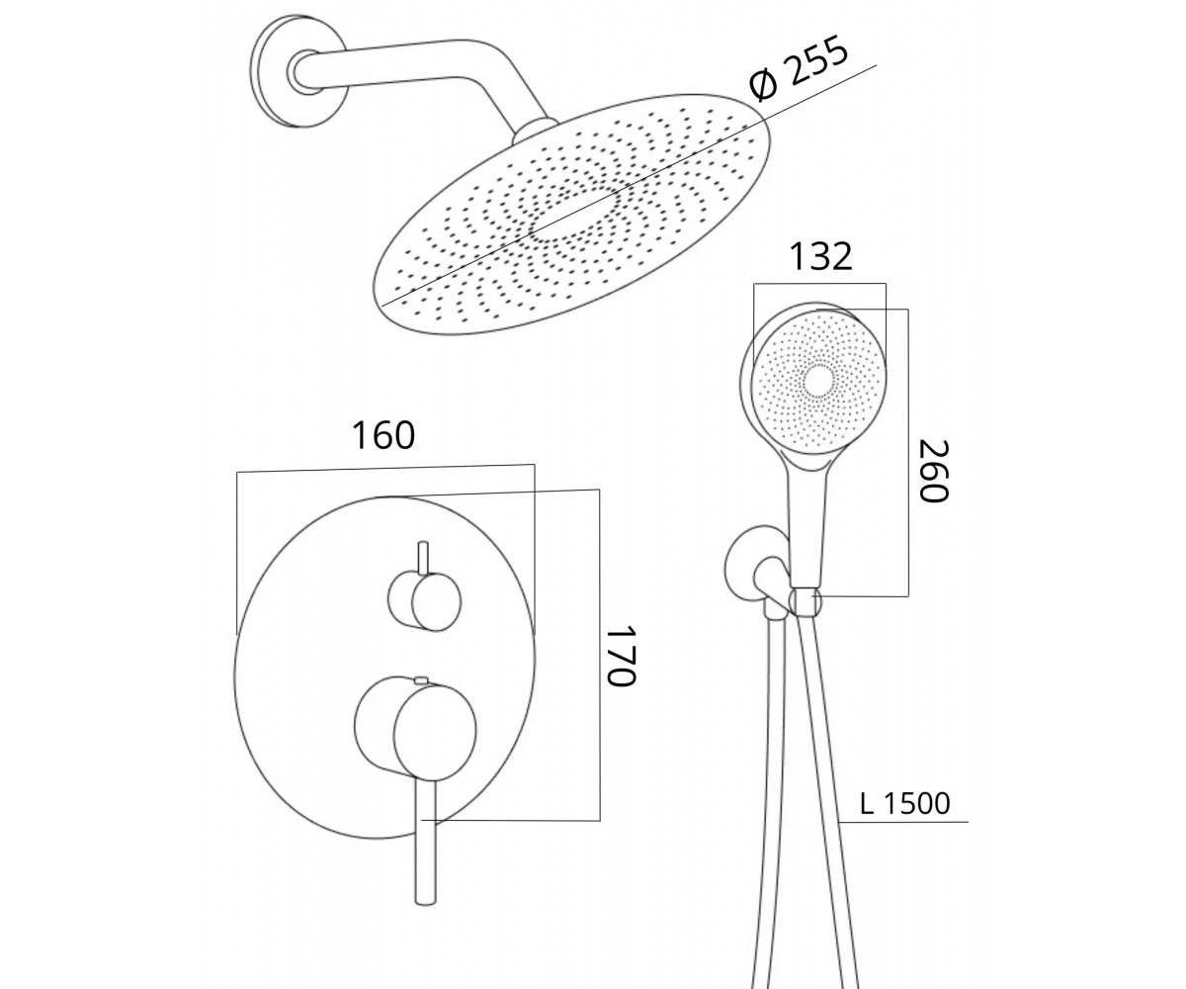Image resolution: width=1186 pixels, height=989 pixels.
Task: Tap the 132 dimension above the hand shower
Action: click(820, 256)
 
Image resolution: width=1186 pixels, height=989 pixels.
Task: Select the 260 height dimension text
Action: click(933, 470)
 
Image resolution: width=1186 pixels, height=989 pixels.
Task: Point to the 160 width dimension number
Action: click(383, 435)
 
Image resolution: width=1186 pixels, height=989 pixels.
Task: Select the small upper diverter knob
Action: click(425, 601)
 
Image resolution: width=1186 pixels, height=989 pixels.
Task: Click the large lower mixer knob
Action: click(415, 726)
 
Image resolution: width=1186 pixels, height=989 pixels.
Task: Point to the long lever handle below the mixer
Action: click(425, 842)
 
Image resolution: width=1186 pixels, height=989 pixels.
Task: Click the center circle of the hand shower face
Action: click(818, 380)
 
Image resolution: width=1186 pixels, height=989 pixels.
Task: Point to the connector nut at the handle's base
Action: click(806, 603)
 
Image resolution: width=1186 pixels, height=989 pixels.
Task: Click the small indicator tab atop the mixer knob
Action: click(421, 679)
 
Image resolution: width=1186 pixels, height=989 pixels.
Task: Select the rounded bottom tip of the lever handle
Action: click(424, 899)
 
